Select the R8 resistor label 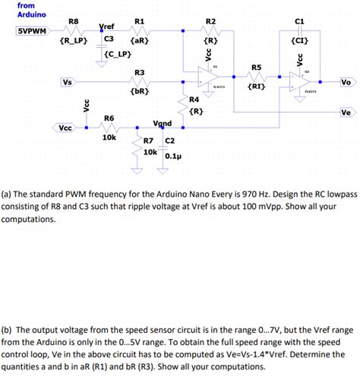[x=73, y=21]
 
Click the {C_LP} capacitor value [x=119, y=54]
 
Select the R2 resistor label [x=210, y=21]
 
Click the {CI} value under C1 [x=298, y=41]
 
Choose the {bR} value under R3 [x=139, y=91]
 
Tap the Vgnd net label [x=163, y=123]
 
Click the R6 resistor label [x=109, y=118]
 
